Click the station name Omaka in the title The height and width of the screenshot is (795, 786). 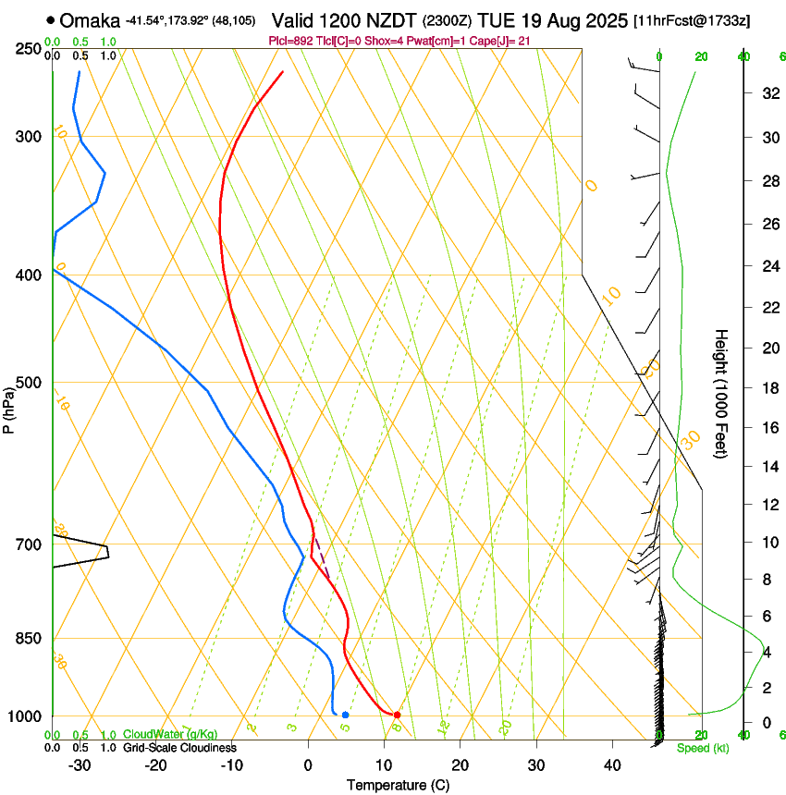coord(90,20)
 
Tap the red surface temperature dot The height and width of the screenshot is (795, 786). coord(397,715)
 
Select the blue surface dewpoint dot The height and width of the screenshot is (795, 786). coord(345,715)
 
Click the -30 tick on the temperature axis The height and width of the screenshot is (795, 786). coord(80,764)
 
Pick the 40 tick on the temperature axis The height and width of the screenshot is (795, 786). coord(611,764)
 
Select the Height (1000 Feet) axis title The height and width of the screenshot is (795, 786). coord(722,394)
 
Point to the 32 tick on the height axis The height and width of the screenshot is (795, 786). coord(768,93)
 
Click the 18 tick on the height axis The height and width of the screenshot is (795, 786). coord(768,388)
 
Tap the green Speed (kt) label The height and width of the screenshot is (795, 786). coord(703,748)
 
